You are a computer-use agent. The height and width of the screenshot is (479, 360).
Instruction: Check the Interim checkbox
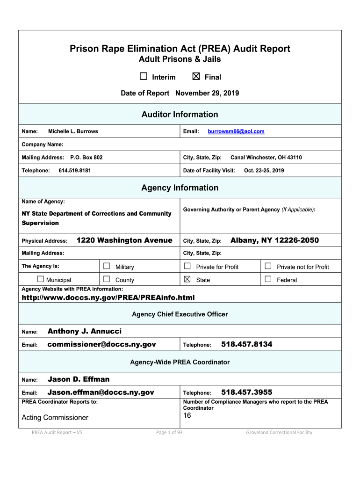pos(144,77)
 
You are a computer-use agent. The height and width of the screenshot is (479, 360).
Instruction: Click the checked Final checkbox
pos(196,77)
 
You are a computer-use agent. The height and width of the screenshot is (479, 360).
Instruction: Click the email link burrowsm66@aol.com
pos(236,131)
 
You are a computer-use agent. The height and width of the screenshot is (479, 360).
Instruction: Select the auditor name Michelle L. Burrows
pos(73,131)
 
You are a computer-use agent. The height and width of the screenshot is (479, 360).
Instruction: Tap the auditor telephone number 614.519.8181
pos(75,170)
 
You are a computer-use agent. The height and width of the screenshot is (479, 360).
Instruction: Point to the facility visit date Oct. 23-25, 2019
pos(264,170)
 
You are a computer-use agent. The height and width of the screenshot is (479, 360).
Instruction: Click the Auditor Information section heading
pos(180,114)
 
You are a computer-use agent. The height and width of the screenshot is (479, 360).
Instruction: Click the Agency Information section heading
pos(180,188)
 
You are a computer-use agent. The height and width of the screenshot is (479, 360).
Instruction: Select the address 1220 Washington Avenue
pos(124,240)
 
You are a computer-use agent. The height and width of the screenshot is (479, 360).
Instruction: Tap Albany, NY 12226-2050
pos(275,240)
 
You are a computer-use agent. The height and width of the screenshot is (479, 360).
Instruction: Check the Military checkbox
pos(106,266)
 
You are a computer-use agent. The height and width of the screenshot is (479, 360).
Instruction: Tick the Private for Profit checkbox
pos(187,266)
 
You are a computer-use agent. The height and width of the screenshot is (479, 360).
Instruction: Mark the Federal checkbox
pos(268,279)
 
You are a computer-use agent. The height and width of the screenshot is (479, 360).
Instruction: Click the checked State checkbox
pos(187,279)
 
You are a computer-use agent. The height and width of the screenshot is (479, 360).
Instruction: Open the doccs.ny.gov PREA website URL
pos(108,298)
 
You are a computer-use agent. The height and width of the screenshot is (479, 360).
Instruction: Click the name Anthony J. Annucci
pos(85,331)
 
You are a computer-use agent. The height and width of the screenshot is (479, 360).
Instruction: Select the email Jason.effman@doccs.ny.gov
pos(101,392)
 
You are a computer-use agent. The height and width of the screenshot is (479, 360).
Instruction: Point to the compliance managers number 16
pos(187,415)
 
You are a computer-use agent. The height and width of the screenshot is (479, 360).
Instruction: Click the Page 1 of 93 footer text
pos(169,432)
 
